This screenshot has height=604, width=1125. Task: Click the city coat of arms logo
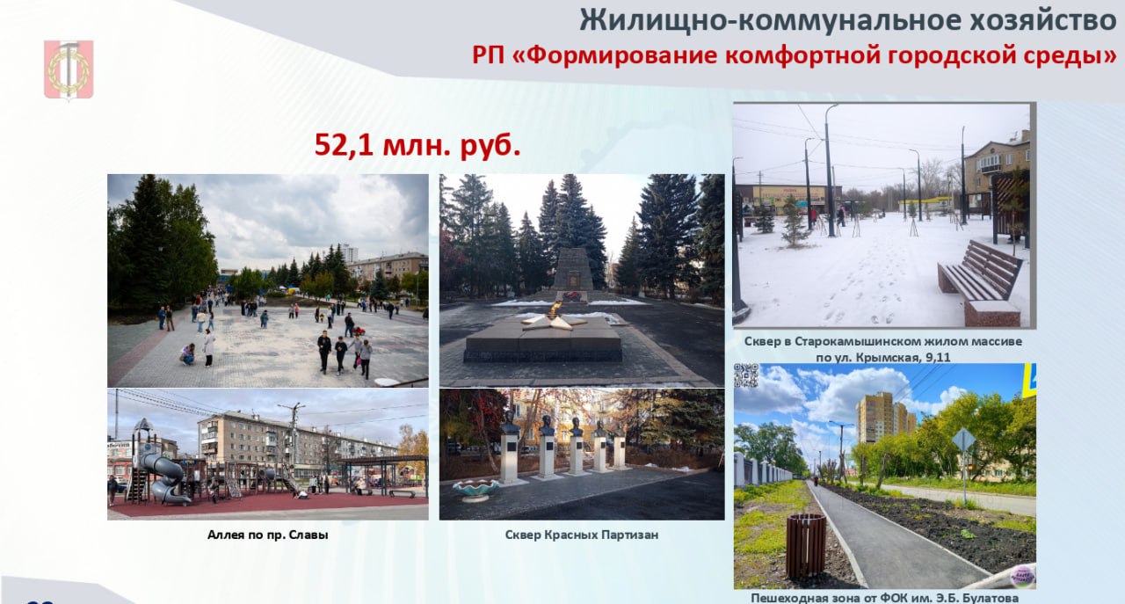coord(69,69)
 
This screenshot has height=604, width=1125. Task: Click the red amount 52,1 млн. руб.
coord(417,146)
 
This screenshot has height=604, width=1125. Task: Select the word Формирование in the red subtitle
coord(622,55)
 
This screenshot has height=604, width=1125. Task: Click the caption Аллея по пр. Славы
coord(268,535)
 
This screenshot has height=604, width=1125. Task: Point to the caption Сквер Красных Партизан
coord(582,535)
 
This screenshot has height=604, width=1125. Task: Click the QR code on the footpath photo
coord(746,375)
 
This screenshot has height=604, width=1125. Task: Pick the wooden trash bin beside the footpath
coord(806,545)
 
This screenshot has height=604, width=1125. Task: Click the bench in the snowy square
coord(979,281)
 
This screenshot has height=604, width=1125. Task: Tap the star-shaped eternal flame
coord(554,317)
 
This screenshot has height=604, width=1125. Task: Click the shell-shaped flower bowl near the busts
coord(475,489)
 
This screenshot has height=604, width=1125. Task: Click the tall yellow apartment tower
coord(884,418)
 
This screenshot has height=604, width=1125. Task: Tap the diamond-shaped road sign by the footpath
coord(964,440)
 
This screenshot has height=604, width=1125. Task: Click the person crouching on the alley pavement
coord(188,353)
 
